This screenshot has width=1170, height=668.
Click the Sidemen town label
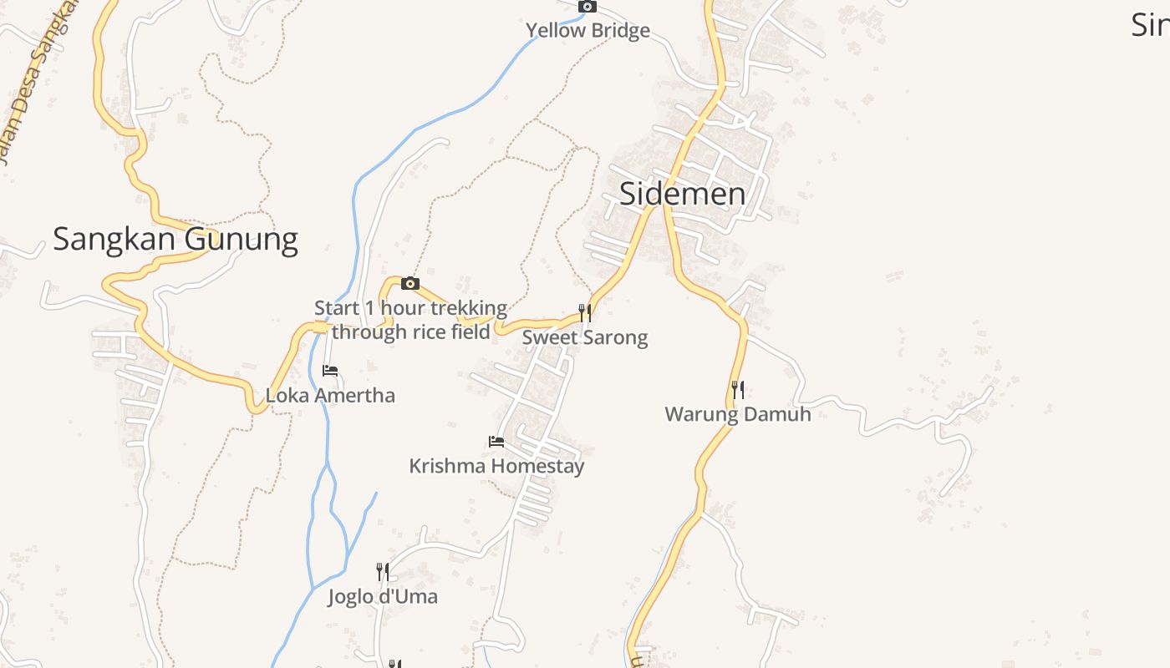click(x=682, y=194)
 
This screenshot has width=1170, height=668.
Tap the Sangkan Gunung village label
click(x=175, y=240)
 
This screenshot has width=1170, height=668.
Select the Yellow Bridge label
click(x=588, y=31)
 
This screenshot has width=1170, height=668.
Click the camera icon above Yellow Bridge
click(x=588, y=7)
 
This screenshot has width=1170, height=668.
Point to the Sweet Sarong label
click(x=585, y=337)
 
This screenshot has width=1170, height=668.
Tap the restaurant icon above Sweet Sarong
click(x=585, y=313)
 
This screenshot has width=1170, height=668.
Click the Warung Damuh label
click(x=738, y=413)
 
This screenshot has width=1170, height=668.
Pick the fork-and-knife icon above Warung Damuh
click(x=738, y=389)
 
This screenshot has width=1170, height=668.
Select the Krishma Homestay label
click(x=496, y=465)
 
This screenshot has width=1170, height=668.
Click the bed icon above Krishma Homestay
click(x=496, y=441)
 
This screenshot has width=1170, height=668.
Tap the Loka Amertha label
click(x=330, y=395)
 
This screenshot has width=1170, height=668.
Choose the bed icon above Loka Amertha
click(x=330, y=370)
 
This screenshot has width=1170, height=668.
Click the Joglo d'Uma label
click(x=383, y=596)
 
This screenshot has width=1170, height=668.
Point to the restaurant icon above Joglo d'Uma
click(x=383, y=571)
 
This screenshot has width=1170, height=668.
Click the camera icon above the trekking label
click(x=409, y=284)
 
